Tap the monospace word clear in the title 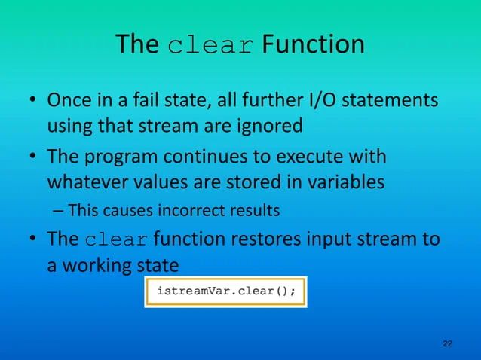click(209, 47)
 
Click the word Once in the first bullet click(71, 100)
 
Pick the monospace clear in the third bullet click(117, 241)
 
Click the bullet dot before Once click(34, 101)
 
